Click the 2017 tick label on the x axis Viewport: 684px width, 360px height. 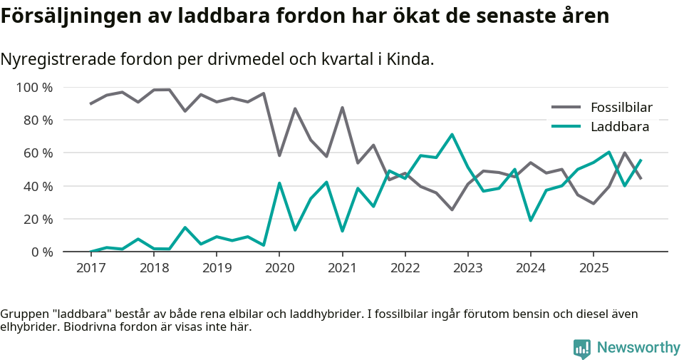(90, 268)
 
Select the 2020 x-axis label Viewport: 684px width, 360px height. (279, 268)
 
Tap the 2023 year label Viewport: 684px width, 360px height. (467, 268)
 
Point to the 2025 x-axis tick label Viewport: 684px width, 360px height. (593, 268)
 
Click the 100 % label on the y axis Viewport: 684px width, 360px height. (35, 88)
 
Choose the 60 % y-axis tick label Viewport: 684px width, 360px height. (38, 153)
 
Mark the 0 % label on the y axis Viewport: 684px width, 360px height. (41, 252)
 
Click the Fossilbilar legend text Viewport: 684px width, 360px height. (621, 108)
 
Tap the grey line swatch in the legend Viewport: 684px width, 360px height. (567, 108)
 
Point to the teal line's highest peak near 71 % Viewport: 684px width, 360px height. (452, 135)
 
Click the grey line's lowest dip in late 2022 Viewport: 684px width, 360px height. (452, 210)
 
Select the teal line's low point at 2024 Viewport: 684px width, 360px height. (530, 220)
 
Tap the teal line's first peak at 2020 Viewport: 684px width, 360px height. (279, 183)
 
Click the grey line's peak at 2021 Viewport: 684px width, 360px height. (342, 108)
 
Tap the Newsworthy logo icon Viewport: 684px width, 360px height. (581, 348)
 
